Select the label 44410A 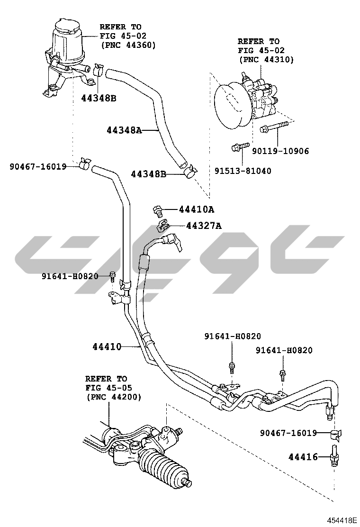tap(196, 209)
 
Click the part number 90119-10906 tap(280, 151)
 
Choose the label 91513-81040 tap(243, 171)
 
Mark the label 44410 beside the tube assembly tap(107, 347)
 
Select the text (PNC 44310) tap(266, 60)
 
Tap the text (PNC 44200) tap(113, 397)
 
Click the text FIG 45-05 tap(106, 388)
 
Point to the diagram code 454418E tap(340, 520)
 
